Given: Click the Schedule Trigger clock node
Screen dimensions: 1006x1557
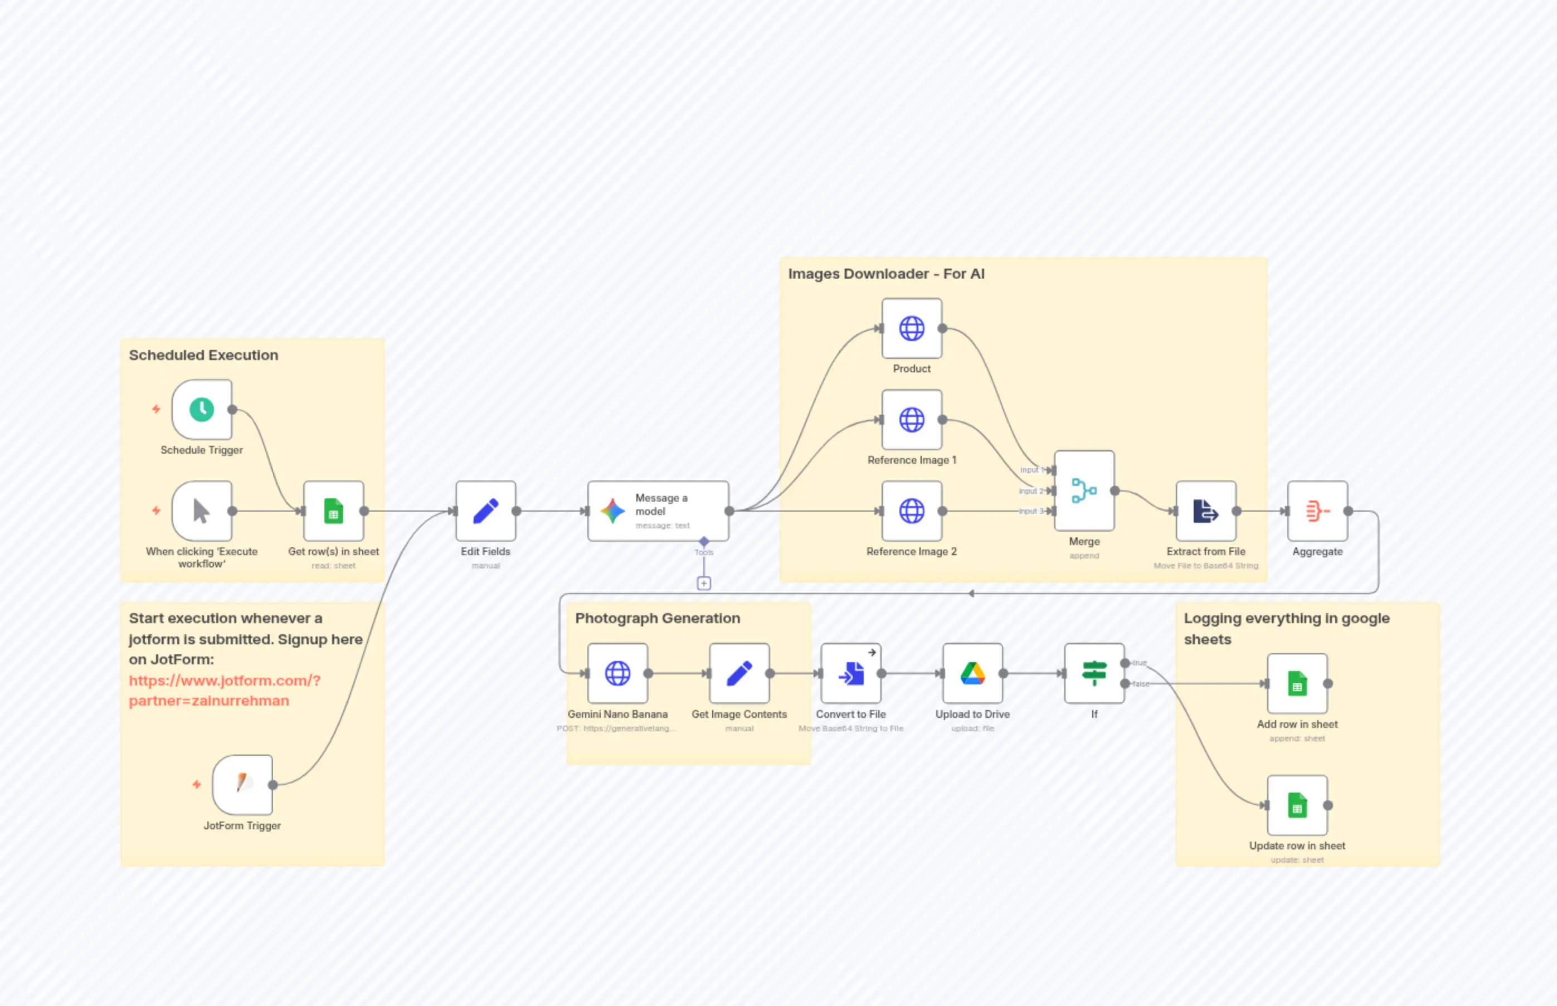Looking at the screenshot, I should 202,410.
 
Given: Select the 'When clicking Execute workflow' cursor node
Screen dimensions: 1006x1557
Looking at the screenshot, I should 202,511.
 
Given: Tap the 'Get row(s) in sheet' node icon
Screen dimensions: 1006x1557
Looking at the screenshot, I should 334,511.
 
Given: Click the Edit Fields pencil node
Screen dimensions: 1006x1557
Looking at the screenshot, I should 485,511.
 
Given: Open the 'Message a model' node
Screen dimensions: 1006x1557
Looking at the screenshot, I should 658,511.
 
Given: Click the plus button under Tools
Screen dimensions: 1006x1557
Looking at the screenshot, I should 703,584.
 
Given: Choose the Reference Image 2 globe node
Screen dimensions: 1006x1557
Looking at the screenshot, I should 911,511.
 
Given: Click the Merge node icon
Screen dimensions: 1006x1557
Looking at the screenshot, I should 1084,490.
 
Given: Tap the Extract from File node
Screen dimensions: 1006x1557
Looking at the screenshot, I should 1205,511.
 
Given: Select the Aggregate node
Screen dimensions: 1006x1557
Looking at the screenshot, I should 1317,511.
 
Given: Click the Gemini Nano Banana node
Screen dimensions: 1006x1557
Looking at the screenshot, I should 617,673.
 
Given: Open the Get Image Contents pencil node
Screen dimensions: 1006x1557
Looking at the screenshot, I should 739,673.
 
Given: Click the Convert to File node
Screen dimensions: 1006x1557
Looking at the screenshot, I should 850,673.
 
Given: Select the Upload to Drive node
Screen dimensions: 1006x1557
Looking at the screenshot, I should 972,673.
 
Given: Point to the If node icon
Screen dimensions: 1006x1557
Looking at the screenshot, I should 1094,673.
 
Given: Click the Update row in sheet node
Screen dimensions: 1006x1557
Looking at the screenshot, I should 1297,805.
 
